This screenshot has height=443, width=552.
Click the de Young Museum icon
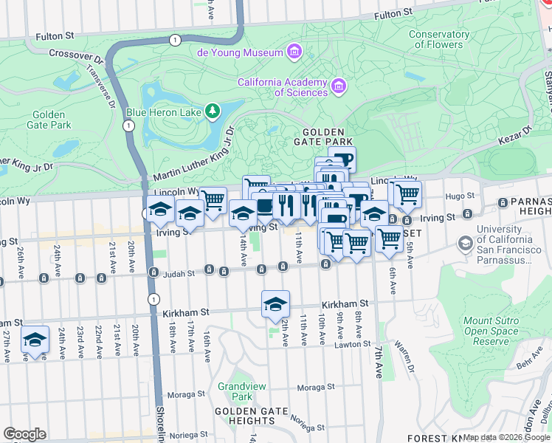[x=294, y=52]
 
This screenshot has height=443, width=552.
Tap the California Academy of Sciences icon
[x=339, y=86]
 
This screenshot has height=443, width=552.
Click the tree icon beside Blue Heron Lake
[x=213, y=111]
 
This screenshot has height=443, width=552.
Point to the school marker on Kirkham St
[x=275, y=303]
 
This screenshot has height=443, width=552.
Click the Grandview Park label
[x=236, y=391]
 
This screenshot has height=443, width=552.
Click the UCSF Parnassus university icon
[x=466, y=242]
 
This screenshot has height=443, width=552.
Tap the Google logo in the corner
[x=24, y=433]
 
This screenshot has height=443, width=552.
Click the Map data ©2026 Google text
[x=507, y=438]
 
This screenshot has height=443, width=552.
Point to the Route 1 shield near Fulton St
[x=174, y=39]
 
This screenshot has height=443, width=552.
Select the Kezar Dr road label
[x=517, y=130]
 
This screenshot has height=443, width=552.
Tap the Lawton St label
[x=351, y=343]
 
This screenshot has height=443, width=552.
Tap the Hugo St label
[x=457, y=196]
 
